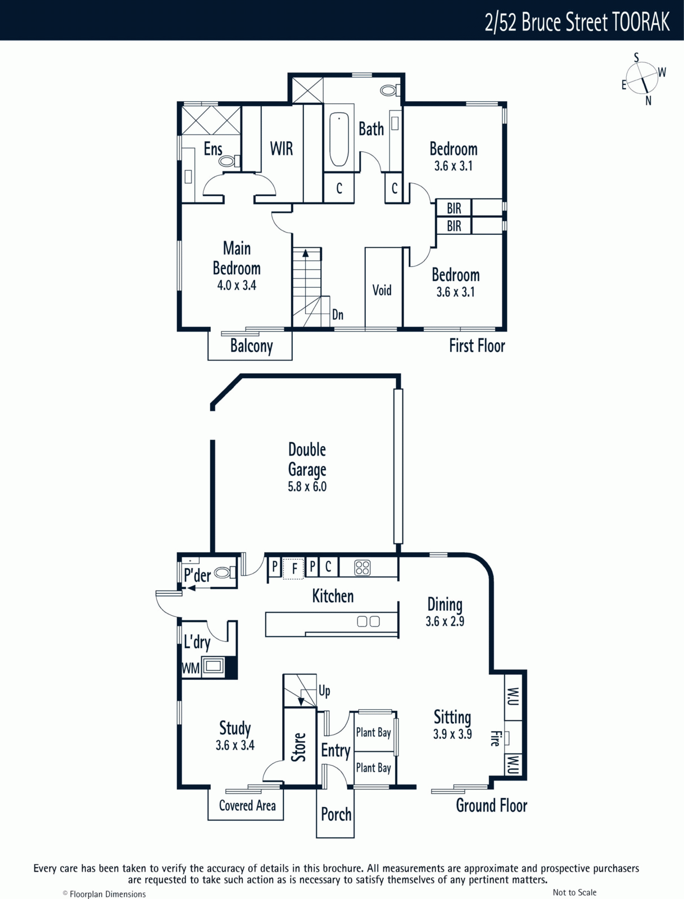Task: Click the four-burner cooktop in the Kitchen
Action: (x=363, y=567)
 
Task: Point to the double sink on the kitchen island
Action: (x=368, y=622)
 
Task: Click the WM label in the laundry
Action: (x=191, y=669)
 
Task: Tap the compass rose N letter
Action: (x=648, y=101)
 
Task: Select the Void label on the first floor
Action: (x=382, y=290)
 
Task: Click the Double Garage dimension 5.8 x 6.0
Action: (x=307, y=487)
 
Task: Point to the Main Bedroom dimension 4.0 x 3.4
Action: (x=237, y=285)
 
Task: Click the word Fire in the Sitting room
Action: (x=495, y=738)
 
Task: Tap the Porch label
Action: (x=336, y=814)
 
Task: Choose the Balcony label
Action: (x=251, y=346)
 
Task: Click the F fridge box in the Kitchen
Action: (x=293, y=569)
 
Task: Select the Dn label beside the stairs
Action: (x=337, y=315)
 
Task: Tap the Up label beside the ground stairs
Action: (x=324, y=691)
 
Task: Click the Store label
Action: (x=298, y=747)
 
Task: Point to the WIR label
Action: (x=282, y=149)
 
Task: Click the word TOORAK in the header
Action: (x=641, y=22)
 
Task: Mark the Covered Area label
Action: (x=247, y=806)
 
